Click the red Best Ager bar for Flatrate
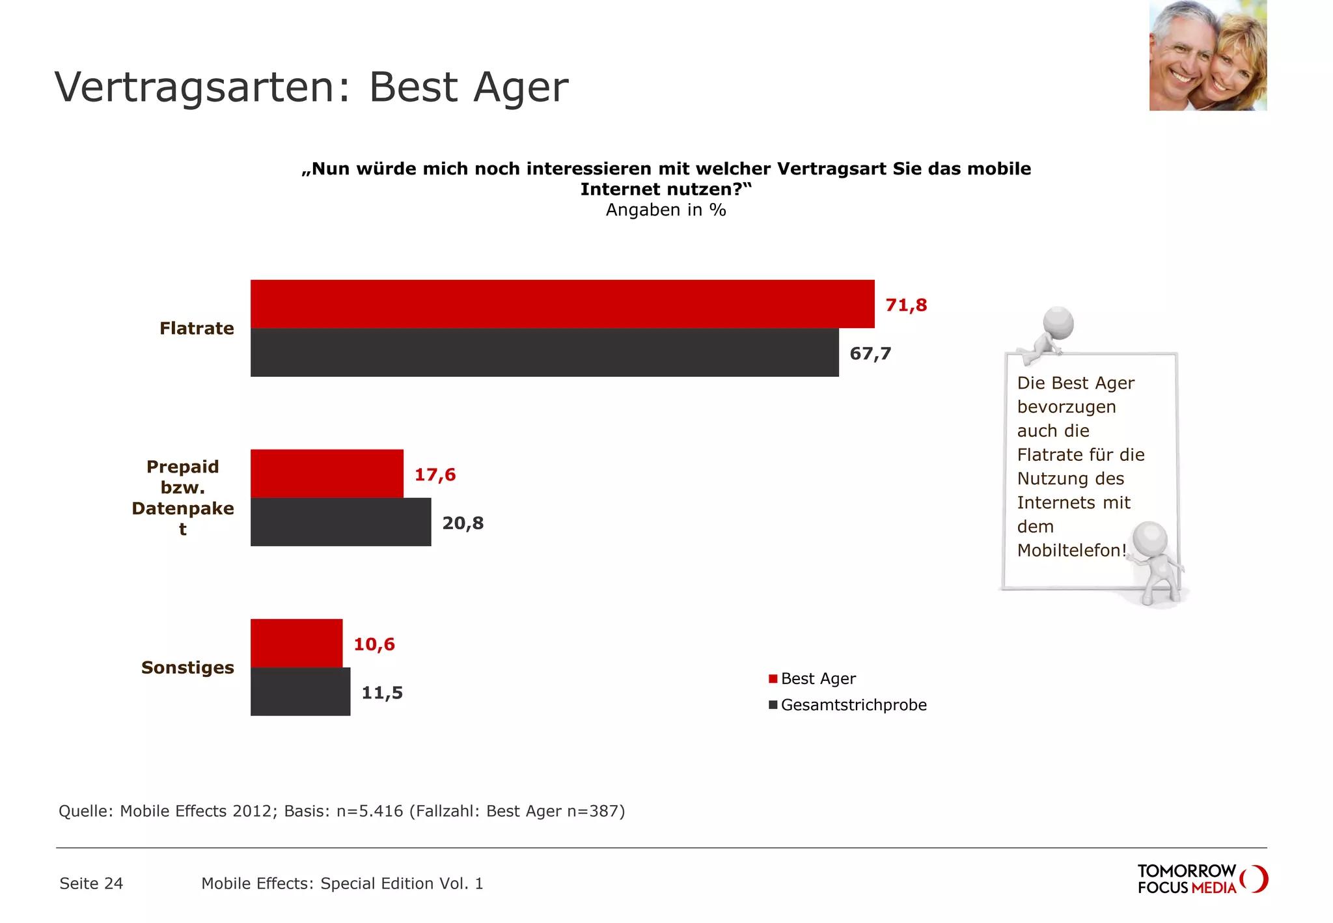click(x=562, y=304)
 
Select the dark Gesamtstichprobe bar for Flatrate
click(x=544, y=353)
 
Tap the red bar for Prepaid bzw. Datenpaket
click(x=327, y=473)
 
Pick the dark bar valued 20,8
click(x=340, y=522)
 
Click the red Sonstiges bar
click(x=296, y=643)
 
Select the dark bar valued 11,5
click(x=300, y=691)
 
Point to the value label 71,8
click(x=906, y=305)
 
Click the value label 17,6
click(x=435, y=475)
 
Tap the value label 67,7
click(x=870, y=353)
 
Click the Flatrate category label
click(x=197, y=328)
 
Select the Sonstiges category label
click(x=187, y=667)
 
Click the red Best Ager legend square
click(x=773, y=679)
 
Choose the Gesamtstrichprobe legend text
click(x=853, y=705)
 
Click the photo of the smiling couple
click(x=1207, y=55)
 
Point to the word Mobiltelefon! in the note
click(x=1071, y=551)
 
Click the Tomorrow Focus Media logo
click(x=1202, y=879)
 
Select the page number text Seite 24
click(x=91, y=883)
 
